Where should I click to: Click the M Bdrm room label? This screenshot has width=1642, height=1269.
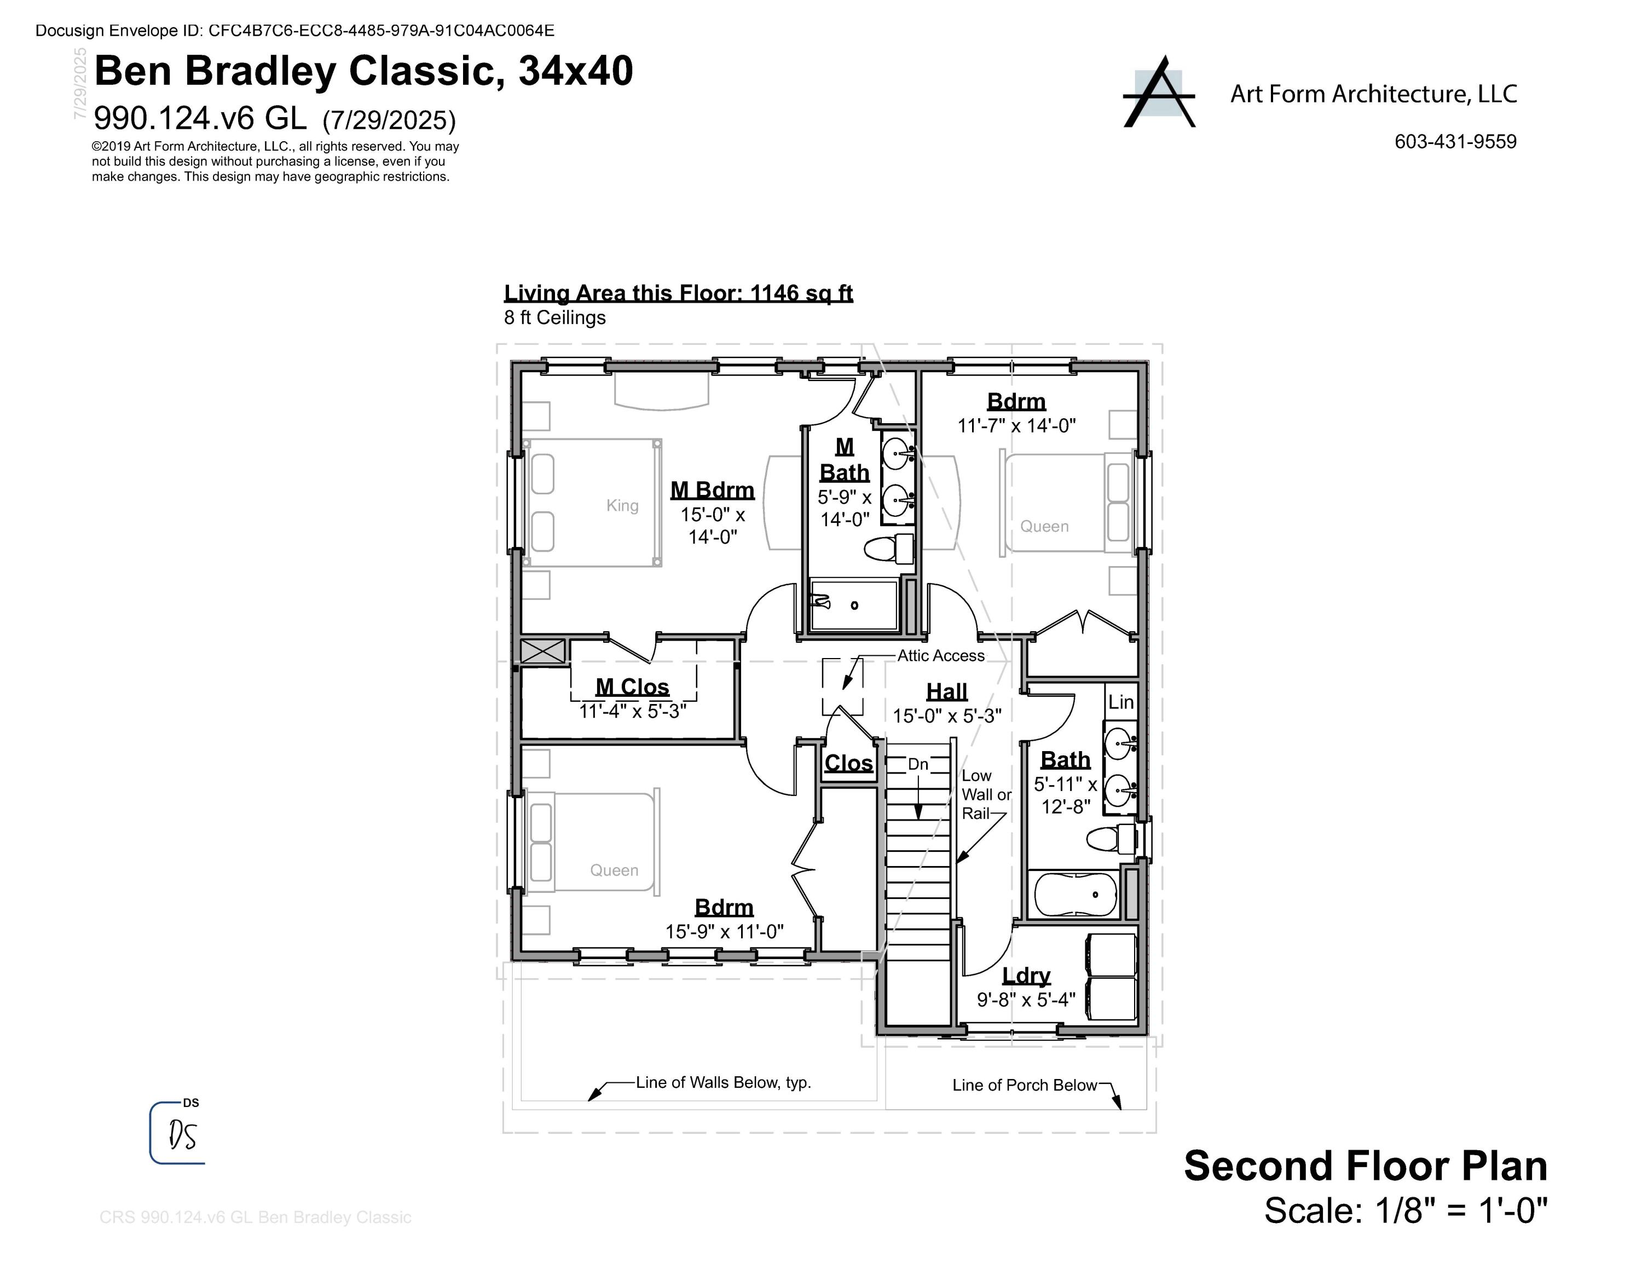[x=712, y=490]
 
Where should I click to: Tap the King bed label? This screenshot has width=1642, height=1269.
[x=622, y=505]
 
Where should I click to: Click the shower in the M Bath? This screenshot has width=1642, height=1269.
[x=854, y=604]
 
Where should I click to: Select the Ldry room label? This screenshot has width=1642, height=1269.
[x=1026, y=976]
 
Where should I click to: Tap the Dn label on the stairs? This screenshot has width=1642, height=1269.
[x=918, y=765]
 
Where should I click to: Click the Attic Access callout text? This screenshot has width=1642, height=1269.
[x=940, y=655]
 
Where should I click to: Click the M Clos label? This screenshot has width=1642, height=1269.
[x=632, y=687]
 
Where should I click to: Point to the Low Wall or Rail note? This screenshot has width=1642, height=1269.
[x=986, y=794]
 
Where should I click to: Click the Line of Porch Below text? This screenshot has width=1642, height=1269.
[x=1024, y=1085]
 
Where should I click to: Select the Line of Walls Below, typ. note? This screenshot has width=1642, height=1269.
[x=723, y=1082]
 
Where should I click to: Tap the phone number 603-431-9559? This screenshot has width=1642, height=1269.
[x=1455, y=141]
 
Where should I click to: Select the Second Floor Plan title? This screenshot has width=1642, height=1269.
[x=1366, y=1166]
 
